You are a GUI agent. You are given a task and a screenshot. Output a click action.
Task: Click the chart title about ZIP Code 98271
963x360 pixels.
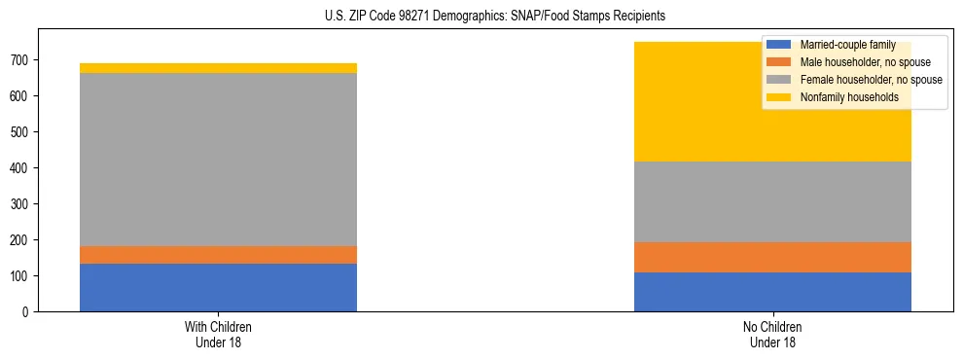coord(481,17)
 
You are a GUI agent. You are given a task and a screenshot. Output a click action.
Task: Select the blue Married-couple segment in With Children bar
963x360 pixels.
coord(218,287)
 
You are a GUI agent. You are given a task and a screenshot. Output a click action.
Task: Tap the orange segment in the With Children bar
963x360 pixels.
coord(218,255)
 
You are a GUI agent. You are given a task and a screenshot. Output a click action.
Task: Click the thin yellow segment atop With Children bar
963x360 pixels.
coord(218,68)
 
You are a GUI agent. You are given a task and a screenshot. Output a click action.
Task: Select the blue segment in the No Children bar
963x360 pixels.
coord(772,292)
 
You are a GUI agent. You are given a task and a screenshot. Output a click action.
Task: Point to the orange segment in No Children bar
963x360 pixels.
coord(772,257)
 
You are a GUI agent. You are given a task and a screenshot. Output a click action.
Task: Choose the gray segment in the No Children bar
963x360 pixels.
coord(772,201)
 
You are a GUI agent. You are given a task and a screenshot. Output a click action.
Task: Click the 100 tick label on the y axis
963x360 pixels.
coord(23,276)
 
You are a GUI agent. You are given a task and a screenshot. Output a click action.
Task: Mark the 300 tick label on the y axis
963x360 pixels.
coord(23,204)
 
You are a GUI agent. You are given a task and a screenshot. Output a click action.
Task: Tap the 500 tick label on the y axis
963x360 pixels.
coord(23,132)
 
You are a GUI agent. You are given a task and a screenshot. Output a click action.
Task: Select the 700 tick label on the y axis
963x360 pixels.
coord(23,60)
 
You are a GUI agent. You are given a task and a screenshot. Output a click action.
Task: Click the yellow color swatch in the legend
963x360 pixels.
coord(779,97)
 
